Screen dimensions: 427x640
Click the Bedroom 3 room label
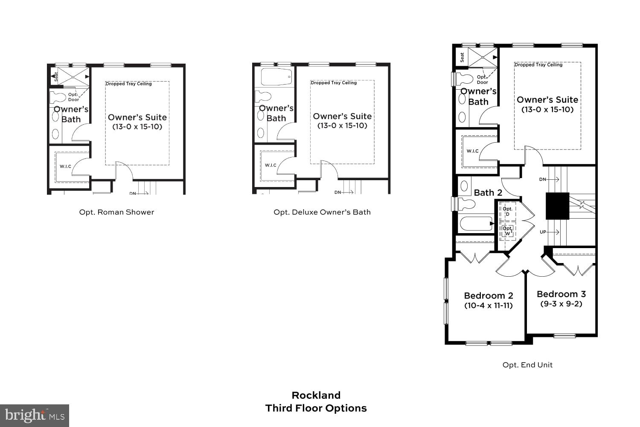tap(561, 294)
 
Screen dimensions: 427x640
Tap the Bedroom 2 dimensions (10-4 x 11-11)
tap(489, 306)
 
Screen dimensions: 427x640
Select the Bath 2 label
tap(488, 193)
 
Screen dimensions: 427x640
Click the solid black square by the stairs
tap(558, 206)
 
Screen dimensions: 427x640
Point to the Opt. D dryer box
tap(508, 211)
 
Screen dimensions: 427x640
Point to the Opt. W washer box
tap(508, 231)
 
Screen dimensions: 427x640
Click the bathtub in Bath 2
tap(475, 224)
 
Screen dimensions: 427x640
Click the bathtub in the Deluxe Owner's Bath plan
tap(276, 77)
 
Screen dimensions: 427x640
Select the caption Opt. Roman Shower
tap(116, 212)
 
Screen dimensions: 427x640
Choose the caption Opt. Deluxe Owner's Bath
tap(322, 212)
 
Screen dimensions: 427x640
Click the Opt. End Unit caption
tap(527, 365)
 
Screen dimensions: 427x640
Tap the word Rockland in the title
tap(316, 395)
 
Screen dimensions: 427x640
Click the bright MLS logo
tap(34, 415)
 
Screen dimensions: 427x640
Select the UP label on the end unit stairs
tap(543, 232)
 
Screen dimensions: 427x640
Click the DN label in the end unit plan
tap(543, 179)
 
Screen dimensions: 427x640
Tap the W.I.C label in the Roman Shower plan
tap(65, 167)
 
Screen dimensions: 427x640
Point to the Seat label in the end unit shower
tap(462, 57)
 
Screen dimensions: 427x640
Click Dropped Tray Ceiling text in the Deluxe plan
tap(334, 83)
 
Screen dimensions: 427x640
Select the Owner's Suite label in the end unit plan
tap(547, 100)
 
